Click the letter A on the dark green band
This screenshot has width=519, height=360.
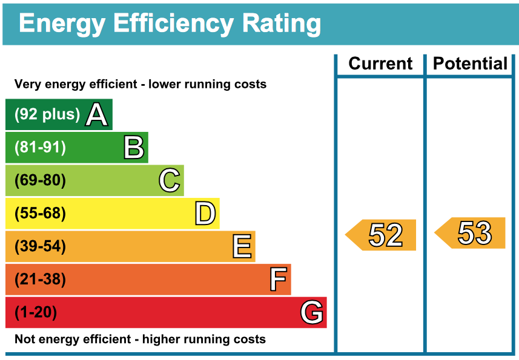point(96,114)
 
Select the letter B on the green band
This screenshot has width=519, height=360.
point(134,148)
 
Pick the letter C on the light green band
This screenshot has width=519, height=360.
point(170,180)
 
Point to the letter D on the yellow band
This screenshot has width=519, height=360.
point(205,214)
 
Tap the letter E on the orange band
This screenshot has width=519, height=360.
point(242,246)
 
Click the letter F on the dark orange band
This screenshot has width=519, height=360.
point(277,280)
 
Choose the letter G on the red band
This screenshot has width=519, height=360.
point(312,313)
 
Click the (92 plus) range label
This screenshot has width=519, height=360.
point(47,114)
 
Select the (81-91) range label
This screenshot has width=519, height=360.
point(40,148)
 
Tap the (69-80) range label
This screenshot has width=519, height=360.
point(40,180)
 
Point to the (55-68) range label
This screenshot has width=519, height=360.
point(40,214)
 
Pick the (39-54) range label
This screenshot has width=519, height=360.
point(40,246)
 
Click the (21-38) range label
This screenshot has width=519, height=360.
point(40,280)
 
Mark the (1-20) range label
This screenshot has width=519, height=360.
point(36,313)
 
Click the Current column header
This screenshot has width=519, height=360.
point(380,64)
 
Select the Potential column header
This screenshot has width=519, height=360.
point(471,64)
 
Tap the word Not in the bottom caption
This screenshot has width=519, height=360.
point(25,339)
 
